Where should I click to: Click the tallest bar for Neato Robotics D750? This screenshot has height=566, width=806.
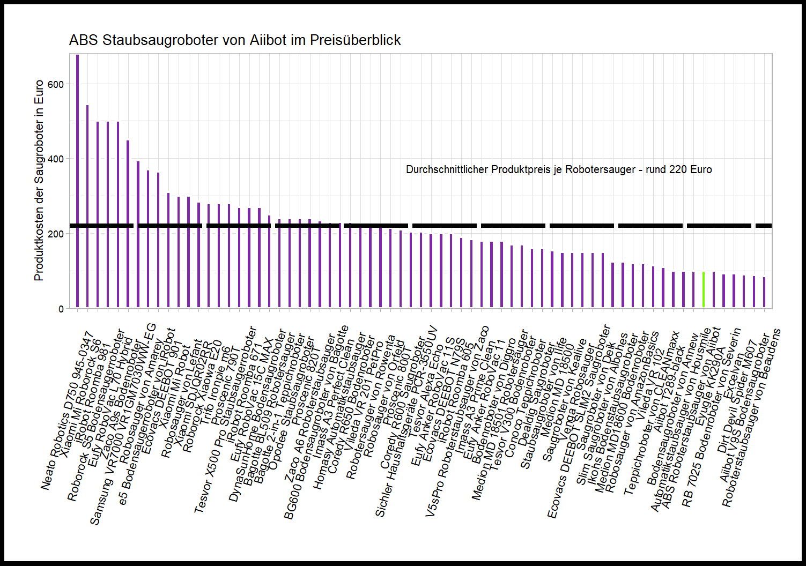(77, 182)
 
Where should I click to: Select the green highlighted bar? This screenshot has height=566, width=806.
(704, 290)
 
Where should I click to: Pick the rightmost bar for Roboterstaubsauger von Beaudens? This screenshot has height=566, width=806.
(764, 293)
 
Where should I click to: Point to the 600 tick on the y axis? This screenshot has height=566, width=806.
(55, 85)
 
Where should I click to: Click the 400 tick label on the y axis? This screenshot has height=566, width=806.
(55, 159)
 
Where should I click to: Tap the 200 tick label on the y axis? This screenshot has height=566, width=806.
(55, 234)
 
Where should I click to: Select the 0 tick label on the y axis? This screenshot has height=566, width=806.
(61, 309)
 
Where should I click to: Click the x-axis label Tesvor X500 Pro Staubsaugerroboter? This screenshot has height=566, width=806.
(225, 420)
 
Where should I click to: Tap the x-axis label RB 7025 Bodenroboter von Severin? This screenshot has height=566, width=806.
(712, 418)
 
